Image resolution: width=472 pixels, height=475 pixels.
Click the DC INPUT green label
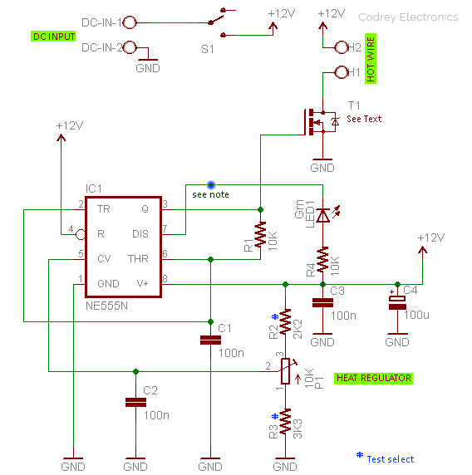(53, 37)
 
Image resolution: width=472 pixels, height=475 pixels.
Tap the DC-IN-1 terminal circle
(130, 22)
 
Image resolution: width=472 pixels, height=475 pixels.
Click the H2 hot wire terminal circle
(342, 47)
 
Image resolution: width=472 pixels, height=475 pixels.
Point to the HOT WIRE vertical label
(371, 58)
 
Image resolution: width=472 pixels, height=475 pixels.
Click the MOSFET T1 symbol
(321, 122)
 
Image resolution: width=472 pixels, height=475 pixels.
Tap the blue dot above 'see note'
(211, 184)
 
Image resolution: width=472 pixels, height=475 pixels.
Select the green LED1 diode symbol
(326, 214)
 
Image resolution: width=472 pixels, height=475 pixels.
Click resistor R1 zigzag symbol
(260, 234)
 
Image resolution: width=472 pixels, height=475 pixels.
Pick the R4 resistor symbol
(323, 259)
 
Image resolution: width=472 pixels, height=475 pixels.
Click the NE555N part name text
(106, 306)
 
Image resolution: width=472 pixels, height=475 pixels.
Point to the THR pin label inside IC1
(138, 259)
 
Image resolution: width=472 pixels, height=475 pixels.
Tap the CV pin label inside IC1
(104, 259)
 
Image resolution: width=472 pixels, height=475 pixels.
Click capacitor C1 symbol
(211, 340)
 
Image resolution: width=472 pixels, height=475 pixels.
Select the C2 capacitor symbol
(135, 402)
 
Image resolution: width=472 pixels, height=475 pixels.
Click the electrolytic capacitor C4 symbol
(397, 302)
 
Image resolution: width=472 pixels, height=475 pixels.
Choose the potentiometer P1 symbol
(286, 371)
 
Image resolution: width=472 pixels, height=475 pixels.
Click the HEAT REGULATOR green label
(373, 379)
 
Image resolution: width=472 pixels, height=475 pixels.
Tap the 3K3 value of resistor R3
(297, 428)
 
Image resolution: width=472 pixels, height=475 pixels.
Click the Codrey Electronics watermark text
(408, 17)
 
